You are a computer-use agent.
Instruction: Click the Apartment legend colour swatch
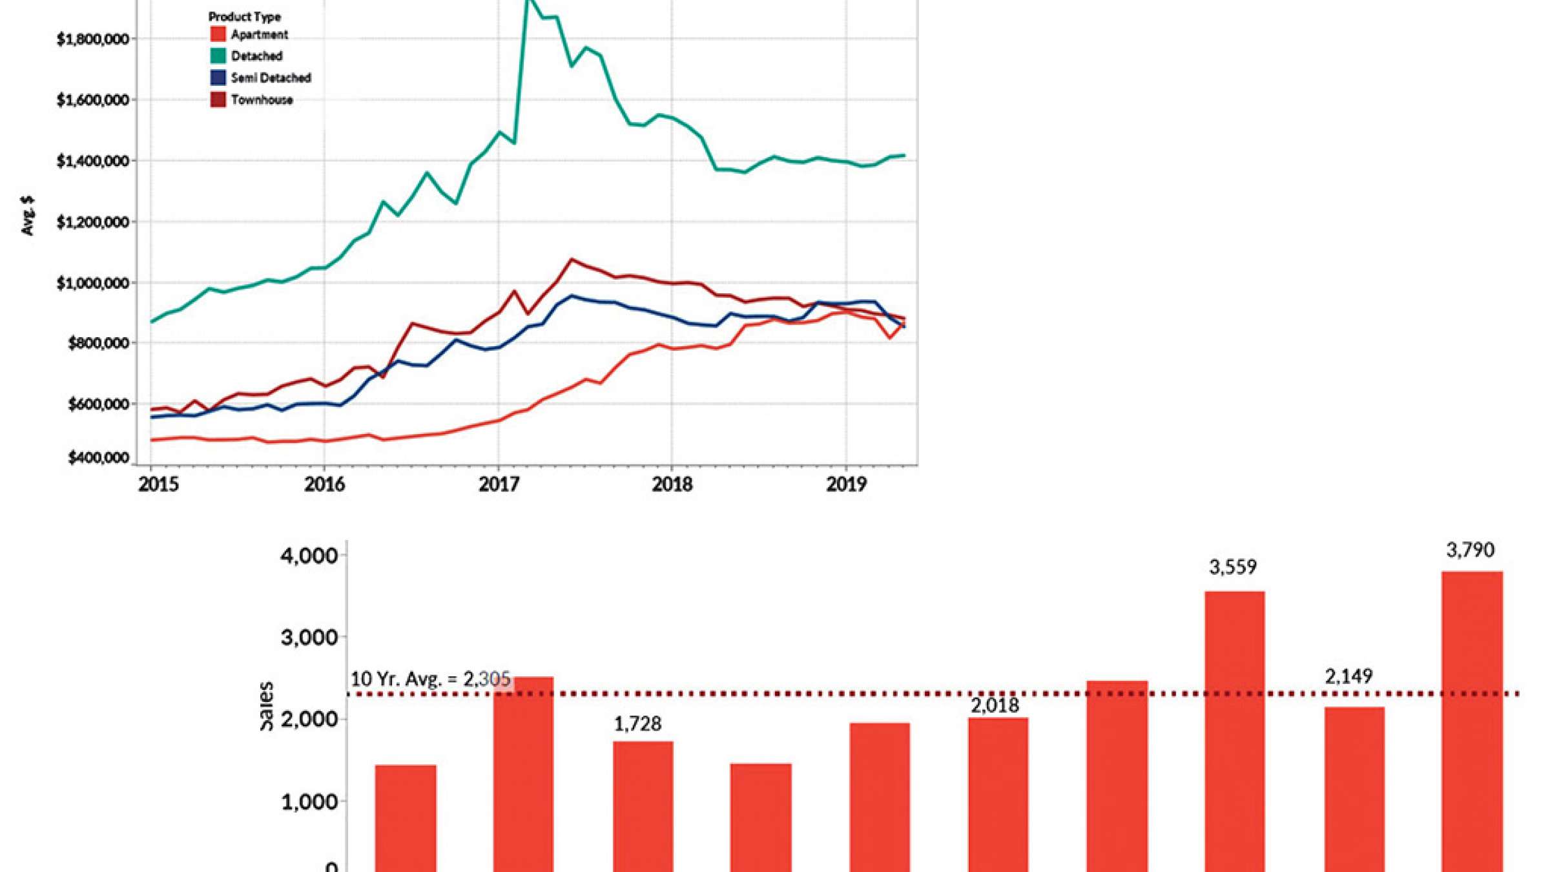(218, 34)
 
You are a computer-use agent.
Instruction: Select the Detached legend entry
(256, 56)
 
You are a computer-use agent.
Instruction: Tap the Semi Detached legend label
(271, 78)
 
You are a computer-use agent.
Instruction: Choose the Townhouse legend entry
(262, 100)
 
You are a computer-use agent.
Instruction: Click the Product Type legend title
(244, 17)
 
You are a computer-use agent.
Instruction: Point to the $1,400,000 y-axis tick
(92, 161)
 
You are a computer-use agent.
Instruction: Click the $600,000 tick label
(98, 404)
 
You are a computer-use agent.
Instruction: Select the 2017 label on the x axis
(499, 484)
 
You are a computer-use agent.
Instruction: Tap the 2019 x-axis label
(846, 484)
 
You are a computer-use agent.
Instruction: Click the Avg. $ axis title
(28, 216)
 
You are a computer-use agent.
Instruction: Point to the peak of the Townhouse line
(571, 260)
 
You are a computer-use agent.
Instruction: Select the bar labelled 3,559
(1234, 730)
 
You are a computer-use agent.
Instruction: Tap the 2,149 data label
(1348, 677)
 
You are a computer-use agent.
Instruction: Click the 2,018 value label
(995, 705)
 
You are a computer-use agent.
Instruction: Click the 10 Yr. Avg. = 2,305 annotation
(430, 679)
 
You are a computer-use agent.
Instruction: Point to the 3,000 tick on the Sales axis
(309, 638)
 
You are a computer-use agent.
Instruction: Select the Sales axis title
(265, 706)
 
